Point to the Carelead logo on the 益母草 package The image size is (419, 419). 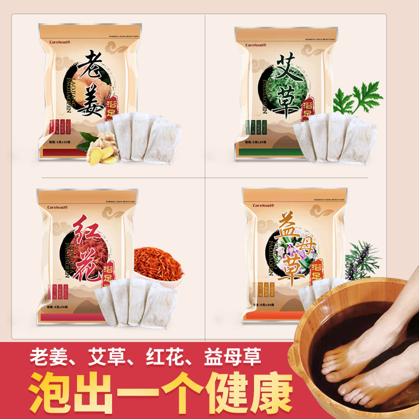(x=263, y=205)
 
